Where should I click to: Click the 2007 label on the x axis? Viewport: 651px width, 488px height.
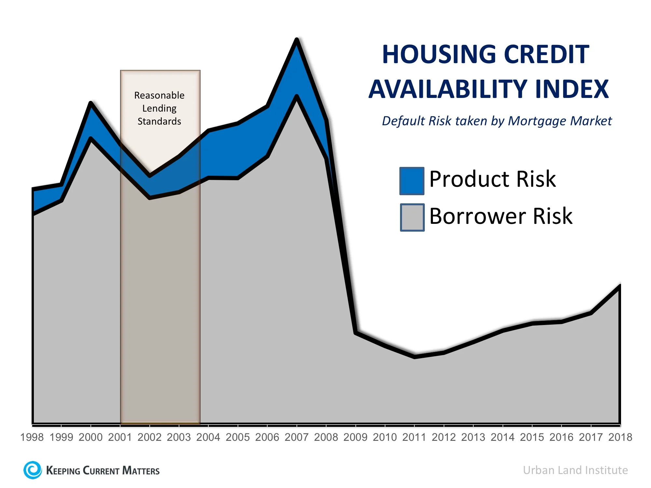coord(297,437)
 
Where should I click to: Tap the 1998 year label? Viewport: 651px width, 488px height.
coord(32,437)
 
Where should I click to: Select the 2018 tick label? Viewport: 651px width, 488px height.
coord(620,437)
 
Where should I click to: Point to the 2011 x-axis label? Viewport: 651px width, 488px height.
coord(414,437)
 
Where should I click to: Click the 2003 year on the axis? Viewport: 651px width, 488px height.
coord(179,437)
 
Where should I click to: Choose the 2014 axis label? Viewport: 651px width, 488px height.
coord(503,437)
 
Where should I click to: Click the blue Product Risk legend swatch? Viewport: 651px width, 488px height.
coord(412,181)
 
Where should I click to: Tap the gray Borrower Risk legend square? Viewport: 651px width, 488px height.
coord(412,217)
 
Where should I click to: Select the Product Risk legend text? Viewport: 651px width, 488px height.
coord(492,179)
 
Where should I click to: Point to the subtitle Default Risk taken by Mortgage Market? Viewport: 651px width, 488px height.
coord(497,121)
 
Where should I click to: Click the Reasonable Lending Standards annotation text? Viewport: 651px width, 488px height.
coord(159,108)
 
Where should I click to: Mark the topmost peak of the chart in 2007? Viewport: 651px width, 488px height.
coord(297,40)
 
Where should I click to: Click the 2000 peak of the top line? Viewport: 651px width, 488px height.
coord(91,103)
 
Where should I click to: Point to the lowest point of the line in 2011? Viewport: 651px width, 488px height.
coord(414,357)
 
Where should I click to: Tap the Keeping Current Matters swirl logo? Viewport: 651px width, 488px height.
coord(33,470)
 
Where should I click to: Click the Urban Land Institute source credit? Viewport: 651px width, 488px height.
coord(575,470)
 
